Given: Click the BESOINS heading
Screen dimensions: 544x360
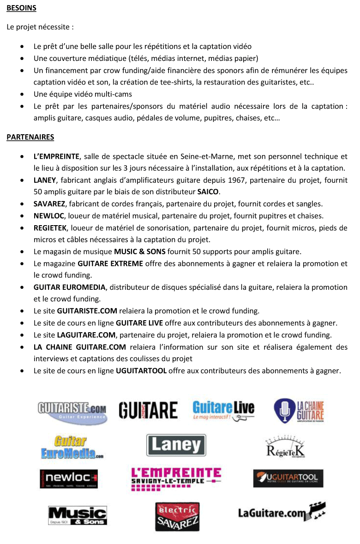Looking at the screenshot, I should click(x=21, y=8).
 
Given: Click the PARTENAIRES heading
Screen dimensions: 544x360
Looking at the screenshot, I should click(x=30, y=137).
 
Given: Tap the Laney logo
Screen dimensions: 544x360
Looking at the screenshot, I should click(x=176, y=445).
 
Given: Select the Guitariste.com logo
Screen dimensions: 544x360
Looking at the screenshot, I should click(x=72, y=412).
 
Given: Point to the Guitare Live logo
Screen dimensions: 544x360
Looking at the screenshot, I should click(x=223, y=410).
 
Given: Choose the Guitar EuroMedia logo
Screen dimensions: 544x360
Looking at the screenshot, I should click(x=72, y=447).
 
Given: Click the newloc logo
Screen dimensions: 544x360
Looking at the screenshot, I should click(x=68, y=478).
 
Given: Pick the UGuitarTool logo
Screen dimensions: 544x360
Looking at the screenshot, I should click(x=288, y=478).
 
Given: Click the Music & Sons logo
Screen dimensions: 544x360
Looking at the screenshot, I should click(x=78, y=515).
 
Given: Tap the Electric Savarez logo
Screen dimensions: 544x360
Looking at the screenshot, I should click(x=177, y=516).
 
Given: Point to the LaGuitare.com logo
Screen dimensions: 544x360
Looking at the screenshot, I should click(x=282, y=512).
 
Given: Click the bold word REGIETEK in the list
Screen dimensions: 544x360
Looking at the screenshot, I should click(x=51, y=228).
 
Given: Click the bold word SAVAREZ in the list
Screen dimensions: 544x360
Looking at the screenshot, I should click(x=50, y=203).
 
